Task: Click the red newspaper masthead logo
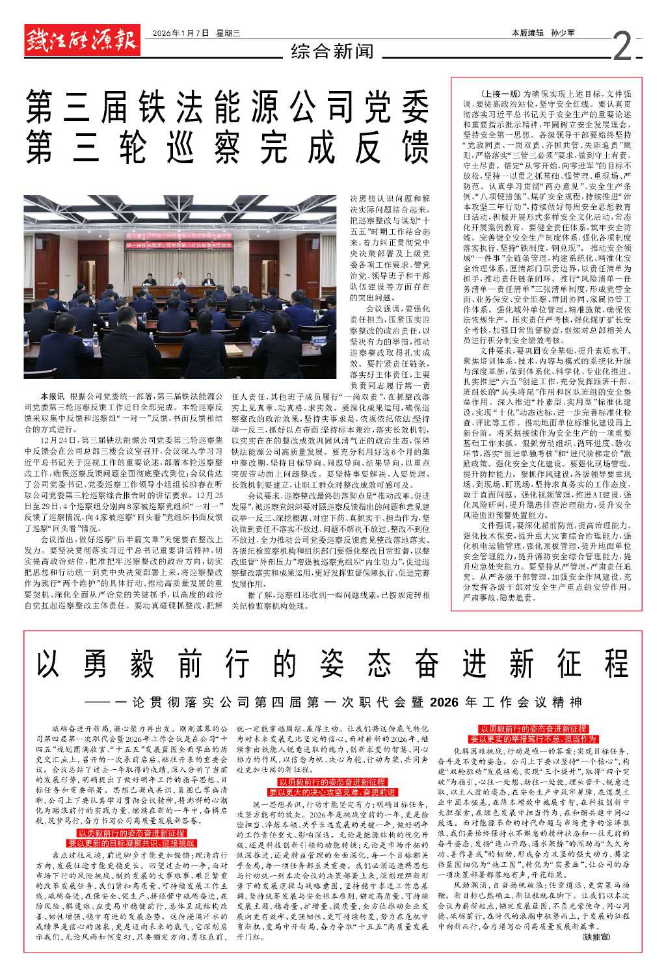coord(81,40)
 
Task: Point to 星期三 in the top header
coord(228,33)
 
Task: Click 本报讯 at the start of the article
coord(53,395)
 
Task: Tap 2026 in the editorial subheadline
coord(445,703)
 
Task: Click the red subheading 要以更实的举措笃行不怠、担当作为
coord(533,739)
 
